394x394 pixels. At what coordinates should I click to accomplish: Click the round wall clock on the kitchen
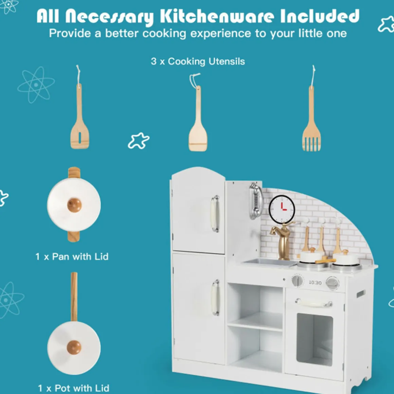click(x=282, y=209)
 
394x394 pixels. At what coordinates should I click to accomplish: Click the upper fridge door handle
click(x=215, y=213)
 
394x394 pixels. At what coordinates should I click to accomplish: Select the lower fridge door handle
click(x=215, y=297)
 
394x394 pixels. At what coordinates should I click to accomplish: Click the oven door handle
click(x=314, y=303)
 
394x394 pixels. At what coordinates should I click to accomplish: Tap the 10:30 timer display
click(x=315, y=283)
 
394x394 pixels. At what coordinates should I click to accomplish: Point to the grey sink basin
click(x=271, y=262)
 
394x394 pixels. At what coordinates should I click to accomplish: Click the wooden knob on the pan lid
click(x=74, y=205)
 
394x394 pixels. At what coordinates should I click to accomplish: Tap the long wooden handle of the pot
click(x=74, y=297)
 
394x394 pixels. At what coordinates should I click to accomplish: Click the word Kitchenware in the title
click(x=217, y=16)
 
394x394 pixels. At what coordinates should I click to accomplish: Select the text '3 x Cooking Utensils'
click(x=198, y=61)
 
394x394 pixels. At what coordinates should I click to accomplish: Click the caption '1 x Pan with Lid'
click(x=72, y=256)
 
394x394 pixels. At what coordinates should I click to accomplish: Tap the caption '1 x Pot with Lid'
click(x=73, y=388)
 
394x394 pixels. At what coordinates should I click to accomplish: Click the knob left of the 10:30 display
click(x=298, y=281)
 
